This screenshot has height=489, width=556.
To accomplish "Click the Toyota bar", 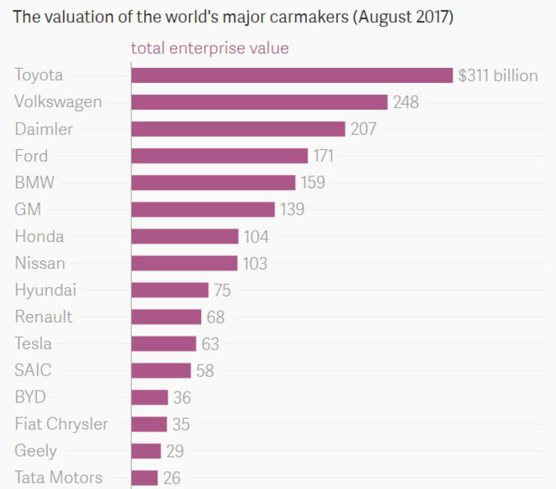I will (x=292, y=75).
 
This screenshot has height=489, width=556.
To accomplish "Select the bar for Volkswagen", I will (x=259, y=102).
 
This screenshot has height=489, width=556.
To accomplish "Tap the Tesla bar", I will (x=164, y=344).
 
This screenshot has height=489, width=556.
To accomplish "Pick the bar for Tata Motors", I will (x=145, y=477).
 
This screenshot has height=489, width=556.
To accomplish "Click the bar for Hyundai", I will (x=169, y=290).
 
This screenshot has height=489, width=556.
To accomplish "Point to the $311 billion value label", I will (x=498, y=75).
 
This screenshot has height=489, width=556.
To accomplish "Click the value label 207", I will (x=363, y=129).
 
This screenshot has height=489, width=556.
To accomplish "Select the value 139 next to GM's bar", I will (x=292, y=210).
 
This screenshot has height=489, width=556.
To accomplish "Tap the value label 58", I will (x=205, y=370).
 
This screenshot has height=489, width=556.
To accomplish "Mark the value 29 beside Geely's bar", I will (x=174, y=451).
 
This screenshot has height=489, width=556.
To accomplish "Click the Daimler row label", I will (x=43, y=129).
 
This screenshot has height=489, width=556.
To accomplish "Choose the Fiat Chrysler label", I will (x=61, y=424).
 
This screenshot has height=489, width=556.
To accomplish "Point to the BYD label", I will (x=30, y=397).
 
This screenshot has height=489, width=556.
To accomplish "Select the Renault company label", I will (x=43, y=317).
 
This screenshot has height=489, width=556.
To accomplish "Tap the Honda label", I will (x=39, y=237).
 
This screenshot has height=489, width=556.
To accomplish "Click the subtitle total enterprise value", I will (x=209, y=48).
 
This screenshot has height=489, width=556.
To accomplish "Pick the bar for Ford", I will (x=219, y=156).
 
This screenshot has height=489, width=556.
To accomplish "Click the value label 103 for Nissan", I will (x=255, y=263).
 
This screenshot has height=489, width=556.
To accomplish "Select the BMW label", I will (x=34, y=182).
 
